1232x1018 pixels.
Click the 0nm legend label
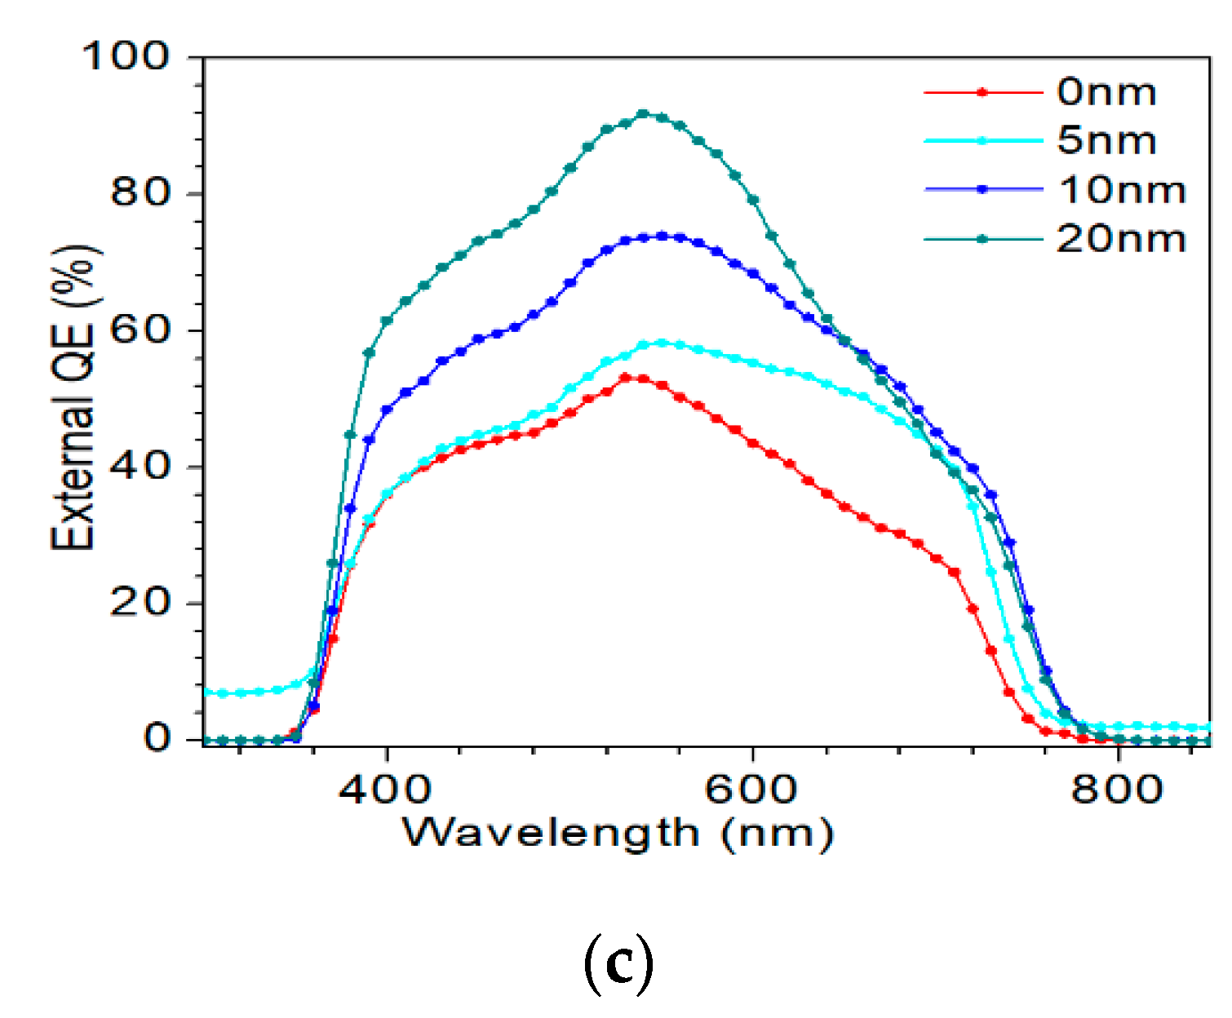pos(1106,92)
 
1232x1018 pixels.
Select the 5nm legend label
pos(1106,141)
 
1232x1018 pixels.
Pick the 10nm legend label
pos(1122,190)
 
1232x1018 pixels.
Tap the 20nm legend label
pos(1120,239)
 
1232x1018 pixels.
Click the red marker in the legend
pos(982,92)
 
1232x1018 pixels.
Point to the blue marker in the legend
pos(982,189)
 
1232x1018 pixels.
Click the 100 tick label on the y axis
pos(126,56)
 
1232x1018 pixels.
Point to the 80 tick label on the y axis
pos(140,193)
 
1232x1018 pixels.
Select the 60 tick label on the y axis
pos(140,330)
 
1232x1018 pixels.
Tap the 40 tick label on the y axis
pos(140,466)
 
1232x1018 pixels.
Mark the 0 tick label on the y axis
pos(156,738)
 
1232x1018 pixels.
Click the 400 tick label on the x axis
pos(385,790)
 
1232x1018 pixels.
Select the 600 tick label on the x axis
pos(751,790)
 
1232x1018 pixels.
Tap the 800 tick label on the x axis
pos(1117,790)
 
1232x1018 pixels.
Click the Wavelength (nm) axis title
pos(618,834)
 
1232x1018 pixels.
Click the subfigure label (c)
pos(618,964)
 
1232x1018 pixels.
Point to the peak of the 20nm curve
pos(643,114)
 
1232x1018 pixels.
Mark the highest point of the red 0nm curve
pos(625,378)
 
